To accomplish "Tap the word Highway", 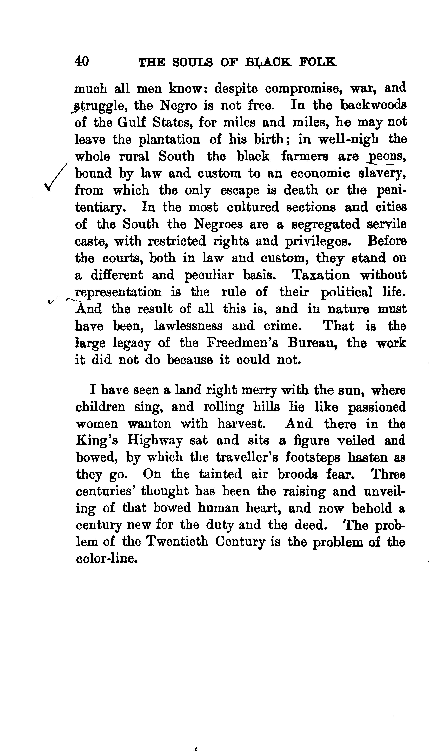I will (x=154, y=441).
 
